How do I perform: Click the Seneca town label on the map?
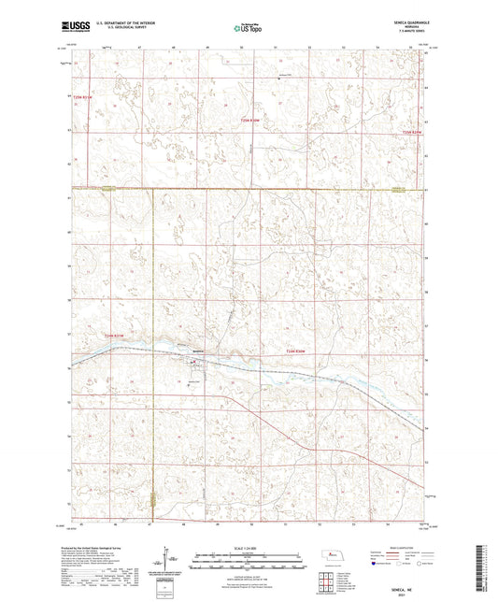(198, 351)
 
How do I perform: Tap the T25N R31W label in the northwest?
(84, 96)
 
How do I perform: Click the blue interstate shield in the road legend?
(377, 564)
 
